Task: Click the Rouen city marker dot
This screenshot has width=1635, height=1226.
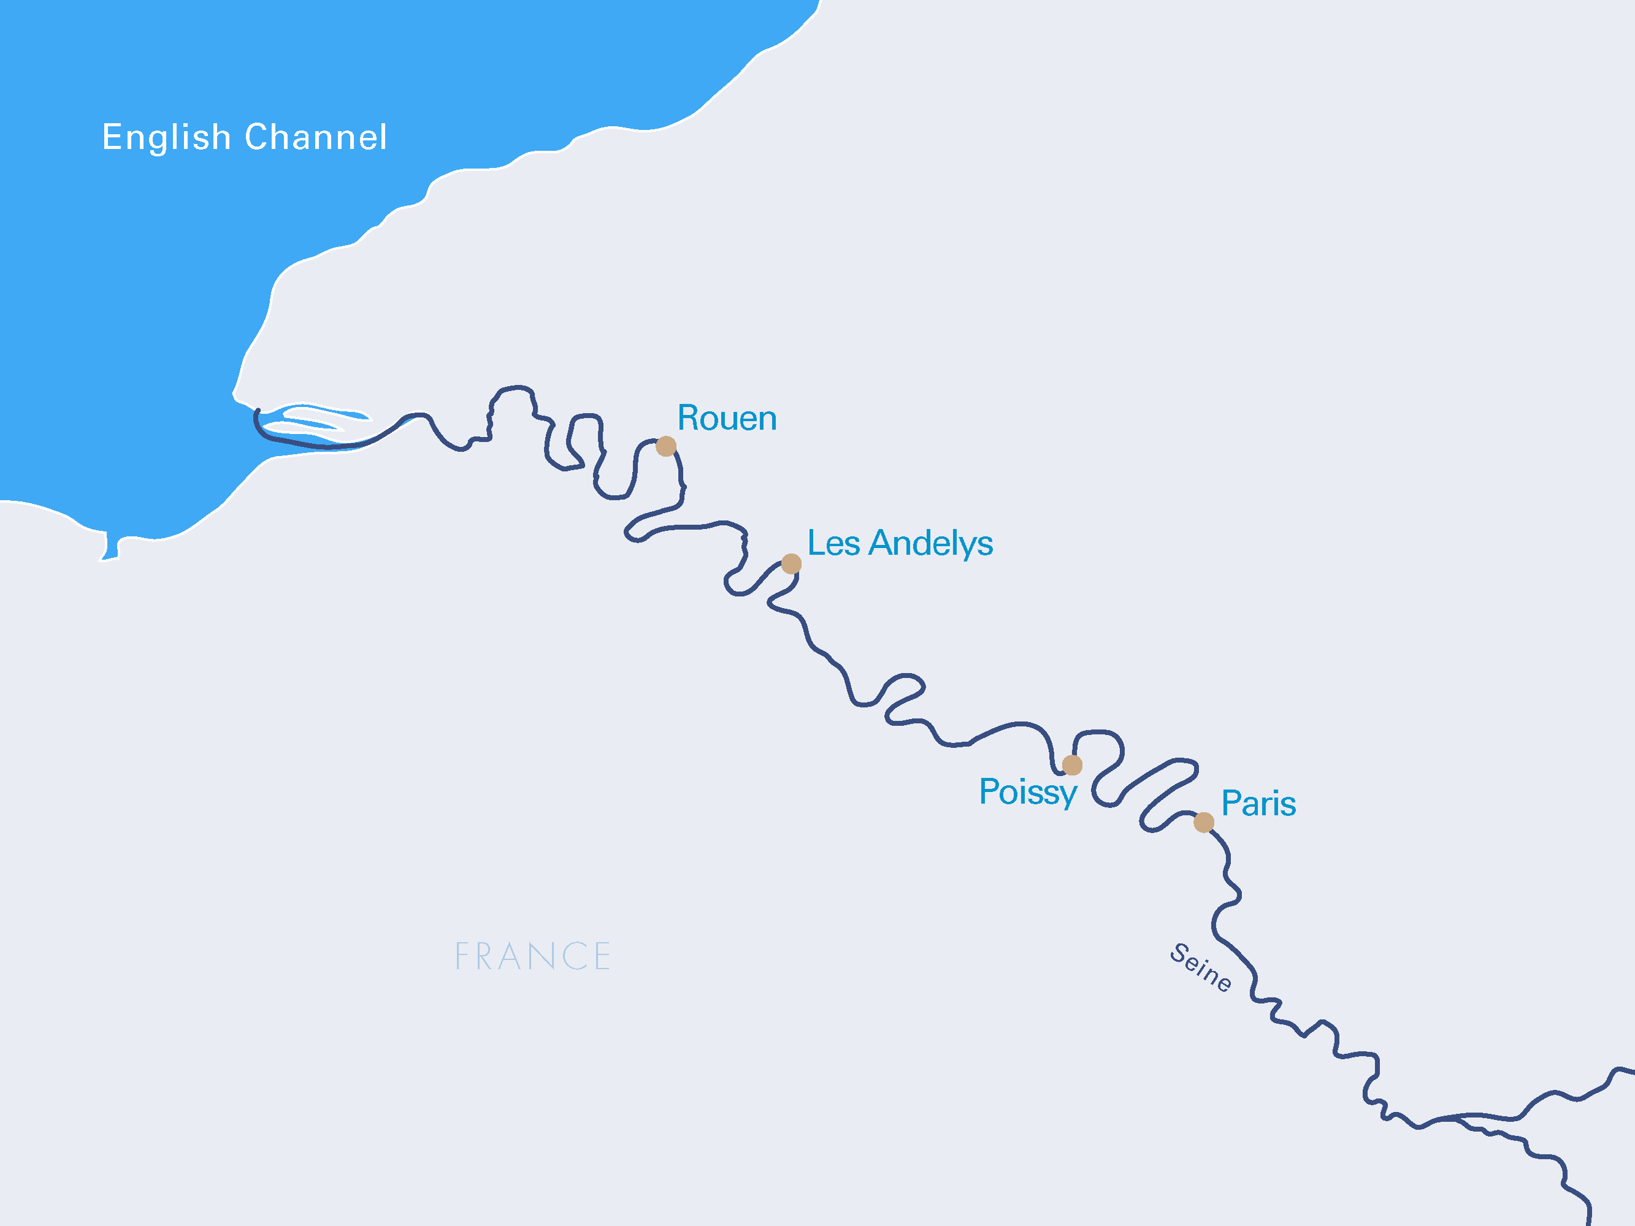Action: click(666, 446)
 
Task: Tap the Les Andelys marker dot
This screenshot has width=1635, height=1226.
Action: click(791, 564)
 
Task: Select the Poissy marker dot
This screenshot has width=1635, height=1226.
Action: click(1072, 765)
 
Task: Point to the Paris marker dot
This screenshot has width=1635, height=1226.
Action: click(1203, 823)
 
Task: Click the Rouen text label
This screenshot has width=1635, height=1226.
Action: click(726, 418)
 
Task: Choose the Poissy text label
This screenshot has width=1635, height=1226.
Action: click(1027, 792)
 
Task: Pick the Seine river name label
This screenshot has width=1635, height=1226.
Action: click(1200, 967)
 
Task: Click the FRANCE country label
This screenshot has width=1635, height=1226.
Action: click(532, 956)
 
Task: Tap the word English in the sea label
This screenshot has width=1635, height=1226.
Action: click(166, 137)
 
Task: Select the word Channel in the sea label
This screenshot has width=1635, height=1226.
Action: click(316, 137)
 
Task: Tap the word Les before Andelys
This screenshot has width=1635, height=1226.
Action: click(833, 543)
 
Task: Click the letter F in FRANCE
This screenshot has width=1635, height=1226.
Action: click(462, 956)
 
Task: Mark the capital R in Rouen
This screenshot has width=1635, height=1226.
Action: click(689, 418)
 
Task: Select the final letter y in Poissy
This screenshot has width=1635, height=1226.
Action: click(1067, 795)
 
